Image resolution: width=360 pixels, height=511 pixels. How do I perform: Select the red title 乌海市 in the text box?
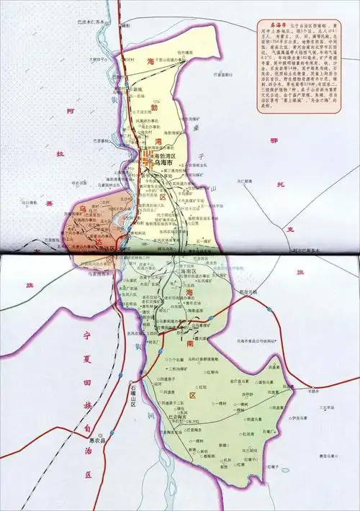[268, 24]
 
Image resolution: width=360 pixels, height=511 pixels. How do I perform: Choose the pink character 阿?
[69, 112]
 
